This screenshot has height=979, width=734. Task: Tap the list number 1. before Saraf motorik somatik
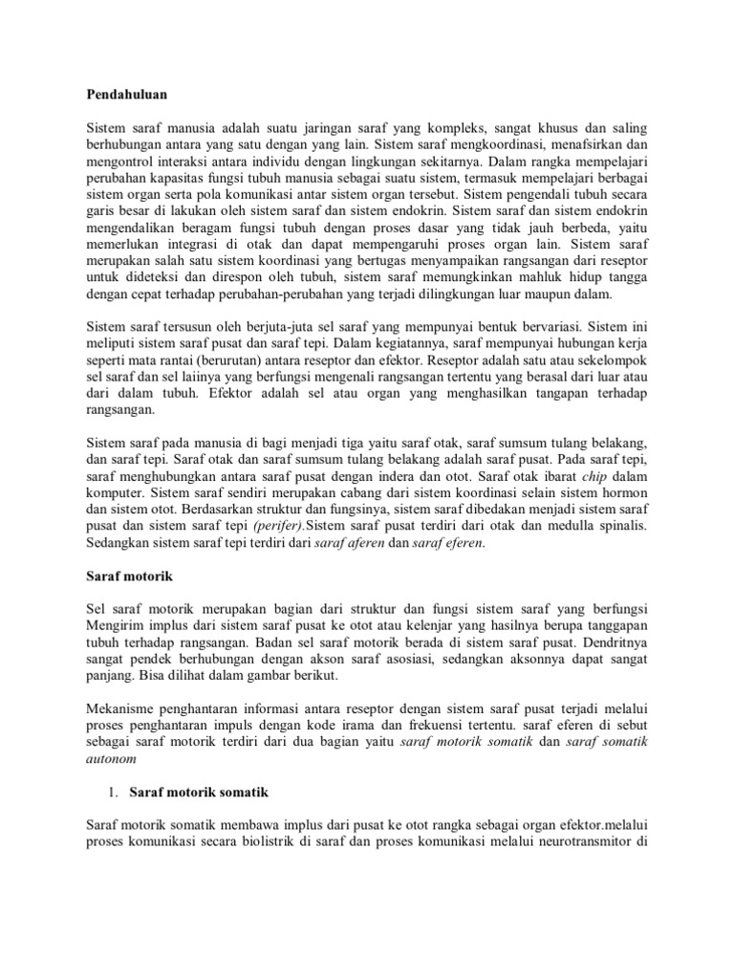(110, 793)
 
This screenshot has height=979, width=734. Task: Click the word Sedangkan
(123, 543)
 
